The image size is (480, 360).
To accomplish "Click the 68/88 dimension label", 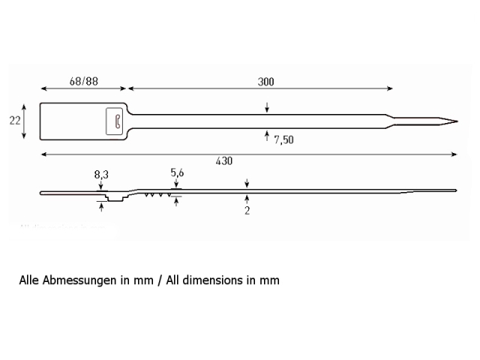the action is click(x=83, y=82).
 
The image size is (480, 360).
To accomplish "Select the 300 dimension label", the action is click(x=265, y=82).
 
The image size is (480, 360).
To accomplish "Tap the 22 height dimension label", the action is click(x=15, y=121).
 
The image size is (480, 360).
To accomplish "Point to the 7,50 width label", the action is click(x=283, y=140).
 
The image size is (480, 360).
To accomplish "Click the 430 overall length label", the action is click(x=224, y=161).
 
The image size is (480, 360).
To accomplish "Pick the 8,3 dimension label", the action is click(x=101, y=175).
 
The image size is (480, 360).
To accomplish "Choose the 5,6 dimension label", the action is click(x=177, y=173).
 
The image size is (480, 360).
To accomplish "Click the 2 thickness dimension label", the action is click(x=247, y=211).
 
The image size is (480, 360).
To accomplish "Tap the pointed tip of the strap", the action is click(x=457, y=121).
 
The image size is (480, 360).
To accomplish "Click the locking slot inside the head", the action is click(x=118, y=121).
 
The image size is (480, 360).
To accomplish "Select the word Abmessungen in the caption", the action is click(x=79, y=280).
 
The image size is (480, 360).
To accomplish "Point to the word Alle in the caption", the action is click(x=29, y=280).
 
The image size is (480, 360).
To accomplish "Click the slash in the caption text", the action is click(x=160, y=280).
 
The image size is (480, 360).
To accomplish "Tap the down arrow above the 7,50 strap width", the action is click(x=267, y=107).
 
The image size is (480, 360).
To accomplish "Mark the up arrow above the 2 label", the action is click(x=247, y=200).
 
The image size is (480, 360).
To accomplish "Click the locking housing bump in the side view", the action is click(x=115, y=197).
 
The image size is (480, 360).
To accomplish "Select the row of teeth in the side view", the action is click(x=157, y=194).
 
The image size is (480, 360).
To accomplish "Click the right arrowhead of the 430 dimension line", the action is click(x=454, y=154).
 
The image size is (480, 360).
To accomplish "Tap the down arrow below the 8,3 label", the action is click(x=101, y=185).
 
